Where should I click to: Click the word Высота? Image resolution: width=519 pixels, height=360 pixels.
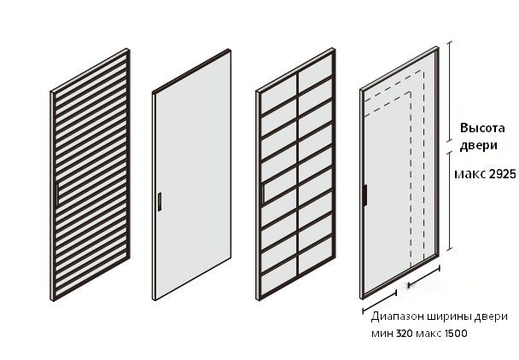pos(482,128)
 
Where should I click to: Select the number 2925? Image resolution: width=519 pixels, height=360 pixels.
pos(502,174)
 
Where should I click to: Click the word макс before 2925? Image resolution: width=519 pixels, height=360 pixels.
pos(470,174)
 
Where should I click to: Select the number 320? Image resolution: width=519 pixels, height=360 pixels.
pos(404,334)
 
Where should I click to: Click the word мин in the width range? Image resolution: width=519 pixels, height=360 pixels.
pos(382,334)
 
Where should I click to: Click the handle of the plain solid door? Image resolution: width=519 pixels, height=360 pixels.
pos(160,201)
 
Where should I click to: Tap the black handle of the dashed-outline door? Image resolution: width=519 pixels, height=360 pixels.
pos(364,195)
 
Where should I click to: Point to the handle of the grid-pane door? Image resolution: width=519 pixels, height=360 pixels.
pos(263,195)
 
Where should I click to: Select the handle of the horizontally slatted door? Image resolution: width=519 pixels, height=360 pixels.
pos(58,194)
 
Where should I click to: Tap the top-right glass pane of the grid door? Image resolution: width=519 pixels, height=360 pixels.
pos(316,68)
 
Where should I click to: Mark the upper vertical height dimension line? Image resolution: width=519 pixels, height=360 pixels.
pos(450,91)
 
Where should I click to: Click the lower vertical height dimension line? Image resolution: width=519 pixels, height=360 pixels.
pos(450,200)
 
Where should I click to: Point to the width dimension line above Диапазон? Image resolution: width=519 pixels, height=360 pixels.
pos(380,302)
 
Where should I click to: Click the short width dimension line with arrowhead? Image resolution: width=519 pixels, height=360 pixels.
pos(424,276)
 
